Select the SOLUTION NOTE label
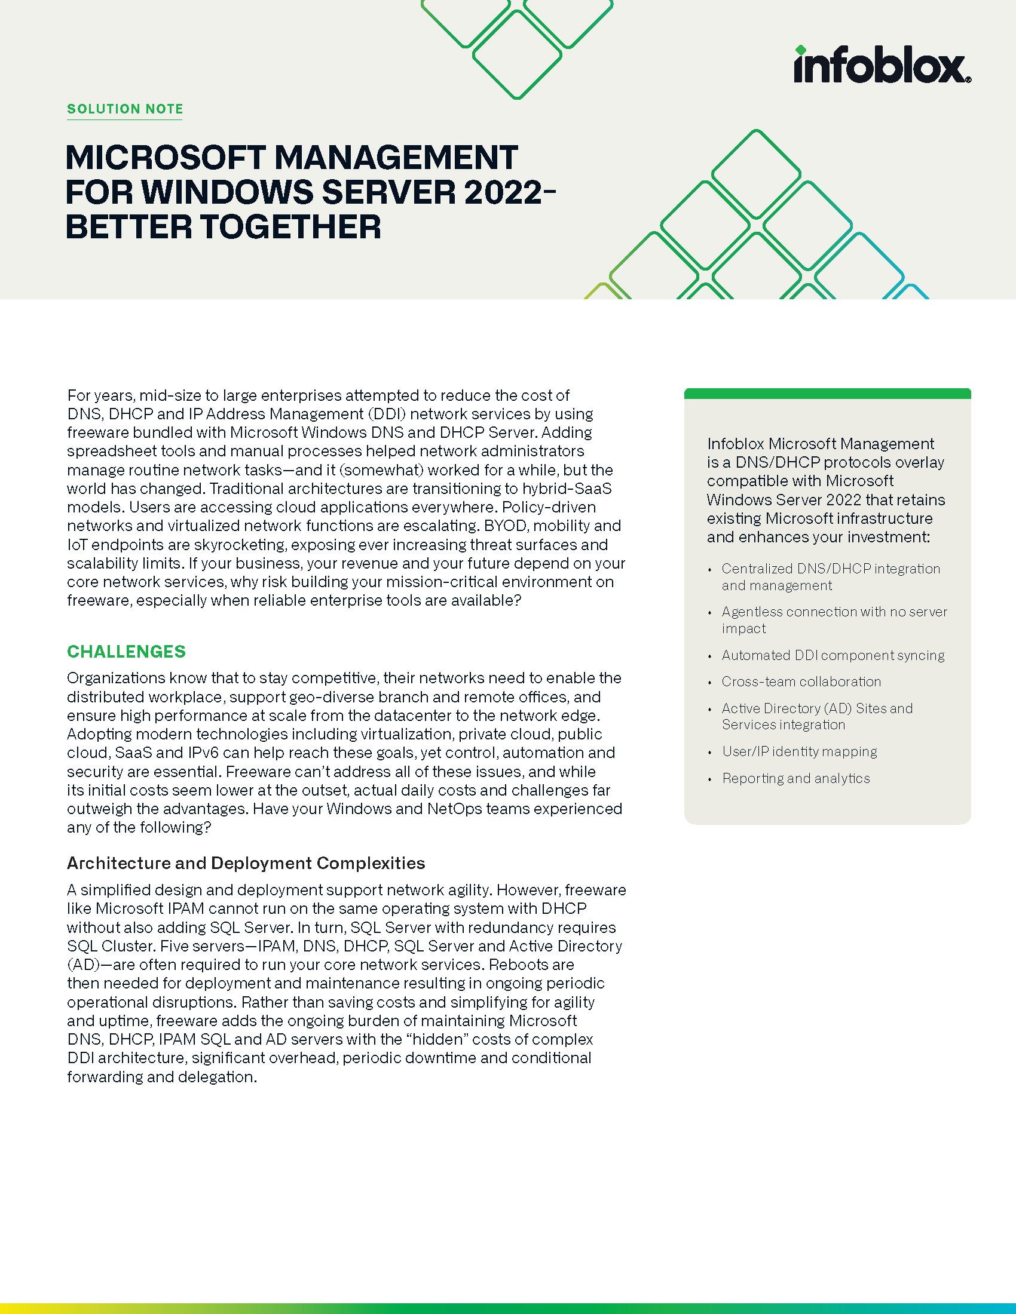(124, 109)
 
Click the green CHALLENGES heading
(126, 652)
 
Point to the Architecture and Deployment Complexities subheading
(246, 863)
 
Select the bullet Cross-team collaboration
(800, 681)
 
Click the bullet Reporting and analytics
(795, 778)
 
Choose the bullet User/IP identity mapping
(798, 751)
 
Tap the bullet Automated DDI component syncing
(833, 655)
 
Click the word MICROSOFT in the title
(166, 158)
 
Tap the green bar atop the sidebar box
(827, 394)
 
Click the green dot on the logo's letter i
(800, 50)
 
